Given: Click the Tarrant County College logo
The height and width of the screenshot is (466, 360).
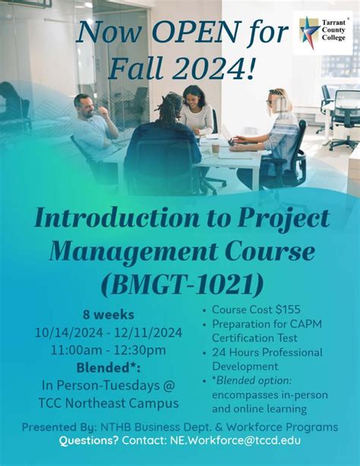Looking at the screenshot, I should click(322, 33).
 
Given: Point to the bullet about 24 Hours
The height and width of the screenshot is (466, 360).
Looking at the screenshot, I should click(267, 353).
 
